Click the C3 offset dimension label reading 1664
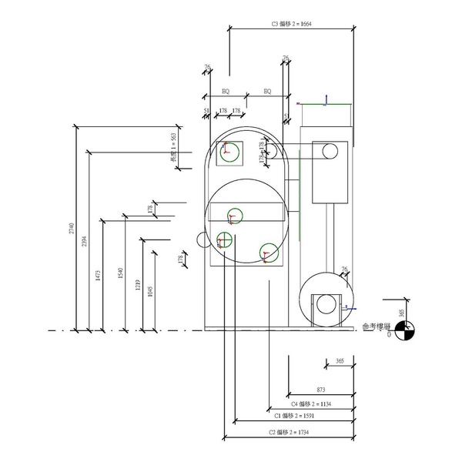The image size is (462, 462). point(292,24)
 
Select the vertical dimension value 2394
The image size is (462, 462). point(85,241)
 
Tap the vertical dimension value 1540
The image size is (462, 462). point(119,273)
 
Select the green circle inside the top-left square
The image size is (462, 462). point(229,151)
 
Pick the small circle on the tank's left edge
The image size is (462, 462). point(203,239)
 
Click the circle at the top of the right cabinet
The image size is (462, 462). point(330,149)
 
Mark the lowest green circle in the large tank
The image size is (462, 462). point(267,251)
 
